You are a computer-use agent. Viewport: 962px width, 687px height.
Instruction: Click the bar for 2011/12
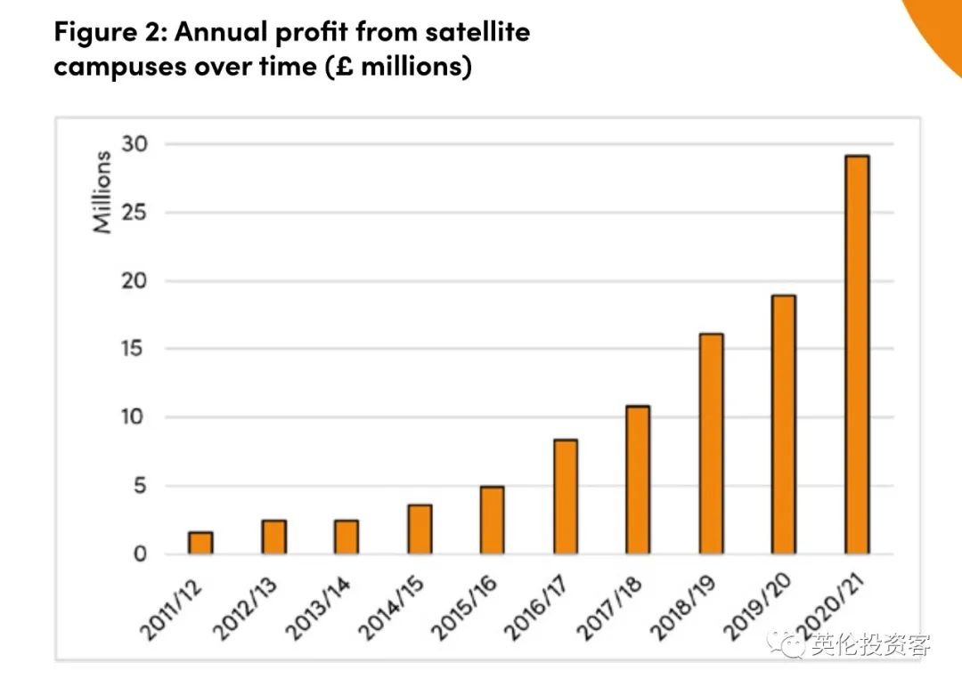tap(201, 543)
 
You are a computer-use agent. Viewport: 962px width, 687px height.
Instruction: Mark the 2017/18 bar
tap(638, 480)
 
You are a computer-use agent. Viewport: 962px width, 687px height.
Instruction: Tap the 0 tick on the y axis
tap(141, 554)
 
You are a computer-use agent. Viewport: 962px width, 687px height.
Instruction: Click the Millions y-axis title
tap(103, 192)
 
